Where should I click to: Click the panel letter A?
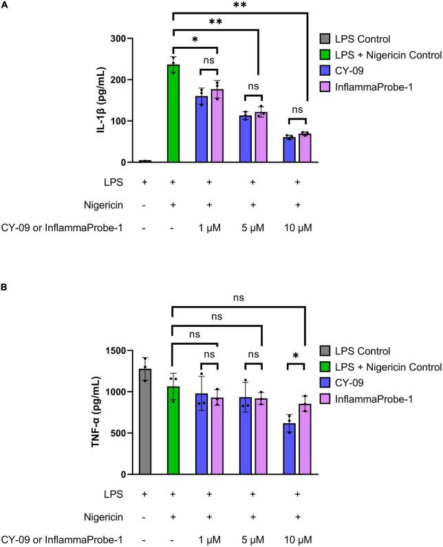coord(6,6)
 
